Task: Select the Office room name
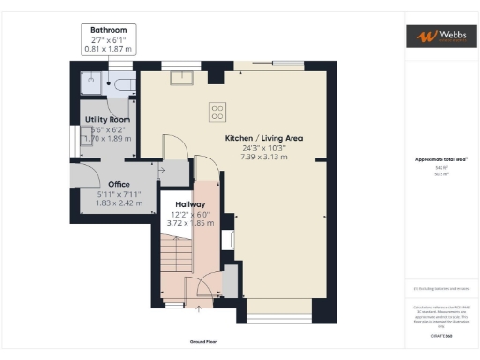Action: click(x=118, y=184)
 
